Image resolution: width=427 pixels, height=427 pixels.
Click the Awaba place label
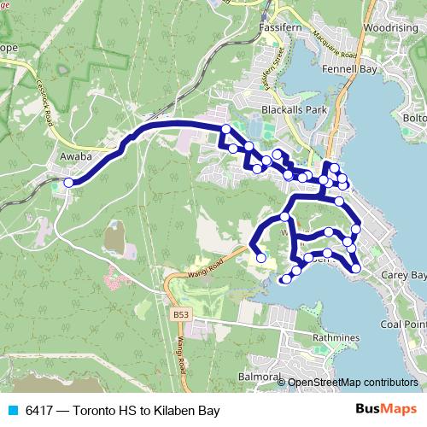pos(75,157)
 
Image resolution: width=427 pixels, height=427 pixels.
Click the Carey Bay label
pos(404,276)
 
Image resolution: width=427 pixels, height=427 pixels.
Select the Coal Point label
pos(403,324)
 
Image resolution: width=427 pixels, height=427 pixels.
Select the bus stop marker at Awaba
pos(68,182)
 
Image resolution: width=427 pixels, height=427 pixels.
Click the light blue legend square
pos(12,411)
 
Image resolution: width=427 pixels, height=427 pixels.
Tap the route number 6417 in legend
pos(40,411)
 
